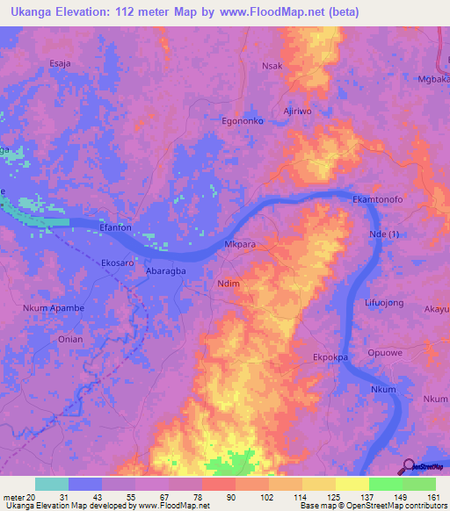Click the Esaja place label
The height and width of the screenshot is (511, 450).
[x=60, y=63]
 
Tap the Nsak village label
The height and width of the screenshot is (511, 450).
[x=272, y=66]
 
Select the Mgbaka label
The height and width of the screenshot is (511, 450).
[x=433, y=78]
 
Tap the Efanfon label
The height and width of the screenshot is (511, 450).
[x=115, y=227]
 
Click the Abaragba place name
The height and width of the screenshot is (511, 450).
[x=165, y=272]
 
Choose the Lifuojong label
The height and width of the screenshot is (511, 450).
[x=383, y=303]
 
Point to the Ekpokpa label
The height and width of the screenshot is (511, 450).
[x=331, y=357]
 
